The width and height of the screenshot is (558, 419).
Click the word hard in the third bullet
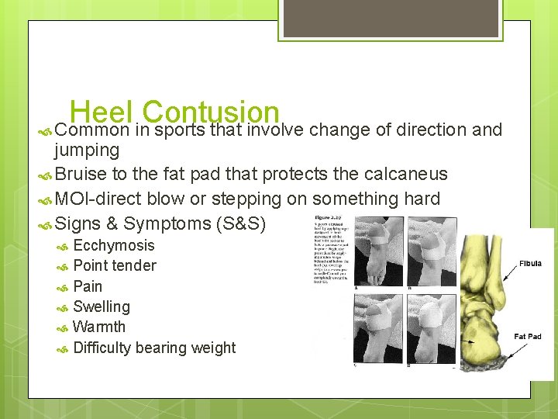(422, 199)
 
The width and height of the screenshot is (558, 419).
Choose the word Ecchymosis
(114, 246)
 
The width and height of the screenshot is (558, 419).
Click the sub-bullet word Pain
(88, 286)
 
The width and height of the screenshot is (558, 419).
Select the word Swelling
(102, 306)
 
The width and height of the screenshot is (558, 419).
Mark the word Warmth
(99, 327)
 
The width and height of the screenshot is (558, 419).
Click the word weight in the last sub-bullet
(212, 348)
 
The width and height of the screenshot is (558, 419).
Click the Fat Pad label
(528, 336)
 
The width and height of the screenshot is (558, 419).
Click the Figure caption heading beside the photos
(330, 217)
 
